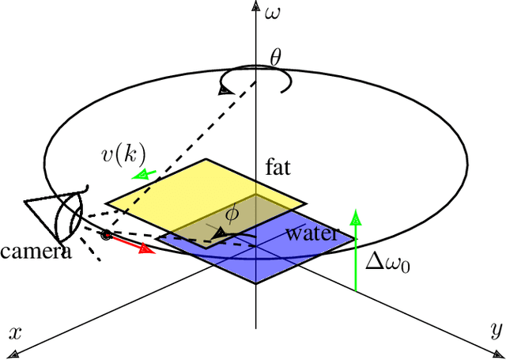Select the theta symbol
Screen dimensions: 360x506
click(x=275, y=57)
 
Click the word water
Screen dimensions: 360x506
click(x=312, y=233)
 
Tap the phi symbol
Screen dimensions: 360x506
click(x=232, y=214)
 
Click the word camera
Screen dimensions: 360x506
click(x=36, y=252)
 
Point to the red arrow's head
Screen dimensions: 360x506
click(x=146, y=249)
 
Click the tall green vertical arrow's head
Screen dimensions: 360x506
click(x=357, y=215)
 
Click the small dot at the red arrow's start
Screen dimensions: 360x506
click(x=106, y=234)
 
